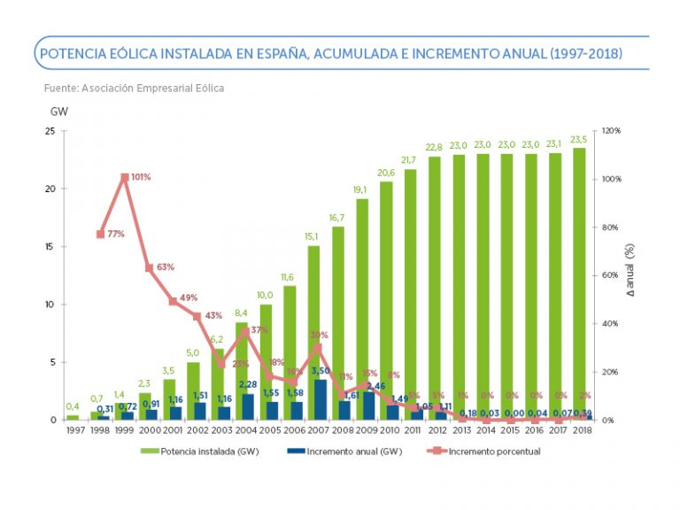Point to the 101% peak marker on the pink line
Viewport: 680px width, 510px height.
click(x=125, y=177)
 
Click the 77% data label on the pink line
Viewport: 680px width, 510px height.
click(x=115, y=234)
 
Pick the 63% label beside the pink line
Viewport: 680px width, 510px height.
click(x=166, y=266)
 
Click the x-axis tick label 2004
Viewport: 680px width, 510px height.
click(x=245, y=430)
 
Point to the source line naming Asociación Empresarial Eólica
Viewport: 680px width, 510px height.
click(x=134, y=88)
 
